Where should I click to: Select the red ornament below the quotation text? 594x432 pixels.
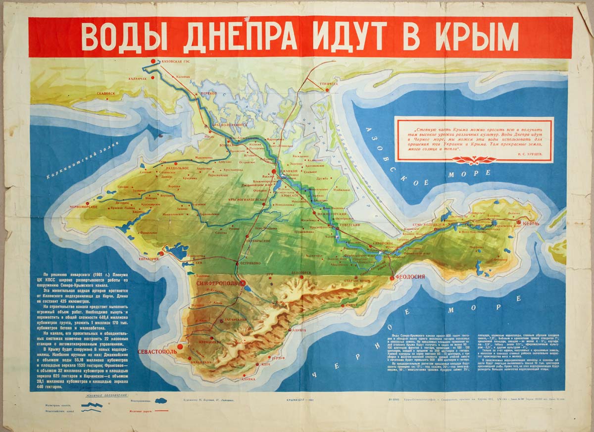pos(473,160)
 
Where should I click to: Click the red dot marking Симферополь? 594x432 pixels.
pos(243,283)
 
